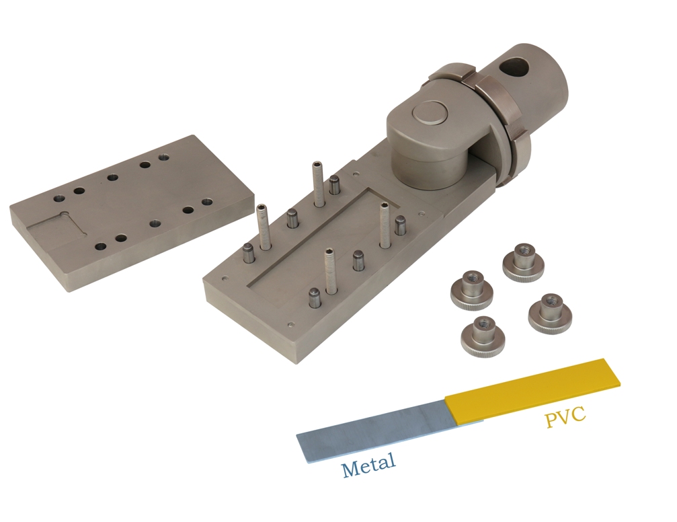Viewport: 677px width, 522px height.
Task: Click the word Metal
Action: (368, 464)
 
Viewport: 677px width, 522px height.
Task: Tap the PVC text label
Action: (565, 416)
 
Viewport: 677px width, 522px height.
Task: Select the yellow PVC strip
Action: (533, 389)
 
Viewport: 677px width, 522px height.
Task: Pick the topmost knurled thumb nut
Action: (523, 263)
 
